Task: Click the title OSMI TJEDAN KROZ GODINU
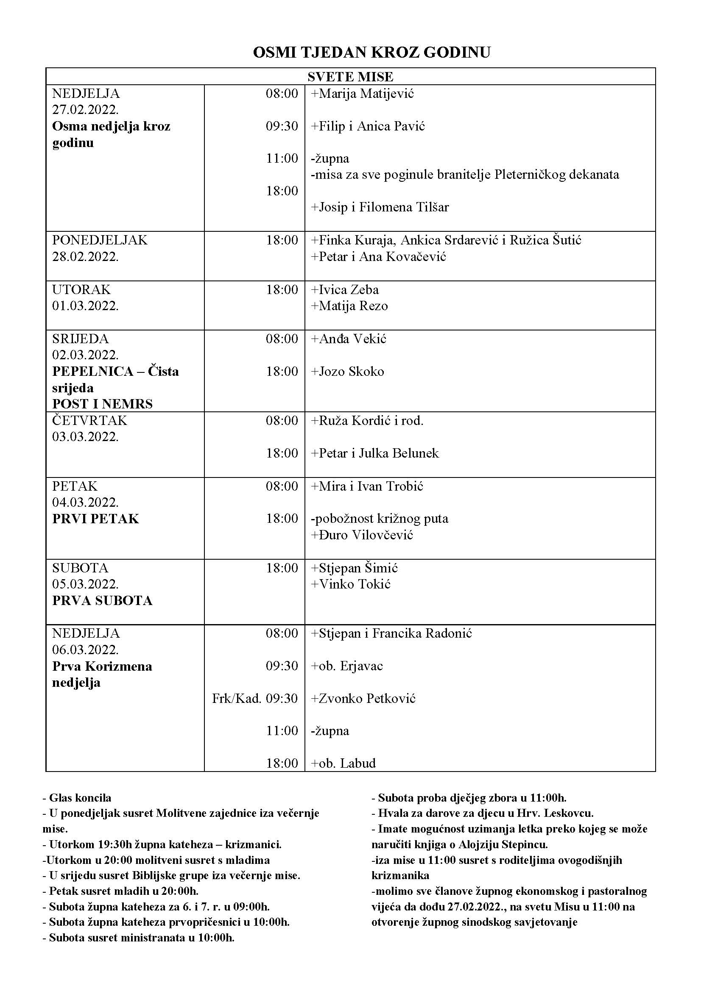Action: pyautogui.click(x=371, y=52)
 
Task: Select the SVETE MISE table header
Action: pyautogui.click(x=350, y=77)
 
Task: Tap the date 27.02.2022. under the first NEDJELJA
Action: pyautogui.click(x=86, y=109)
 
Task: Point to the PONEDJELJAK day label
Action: pyautogui.click(x=100, y=240)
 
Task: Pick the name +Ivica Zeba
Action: pyautogui.click(x=345, y=290)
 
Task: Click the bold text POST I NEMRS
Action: pyautogui.click(x=102, y=404)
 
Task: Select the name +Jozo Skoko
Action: pyautogui.click(x=347, y=372)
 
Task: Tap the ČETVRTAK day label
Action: pyautogui.click(x=90, y=420)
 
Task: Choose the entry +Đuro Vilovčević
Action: pyautogui.click(x=362, y=535)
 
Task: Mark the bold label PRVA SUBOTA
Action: pyautogui.click(x=102, y=601)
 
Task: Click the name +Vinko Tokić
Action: pyautogui.click(x=350, y=584)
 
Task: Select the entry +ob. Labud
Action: pyautogui.click(x=344, y=763)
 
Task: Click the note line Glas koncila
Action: pyautogui.click(x=77, y=798)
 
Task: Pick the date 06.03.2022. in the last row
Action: pyautogui.click(x=86, y=650)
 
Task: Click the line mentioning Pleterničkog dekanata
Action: pyautogui.click(x=465, y=175)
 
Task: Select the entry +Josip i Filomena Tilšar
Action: pyautogui.click(x=380, y=207)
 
